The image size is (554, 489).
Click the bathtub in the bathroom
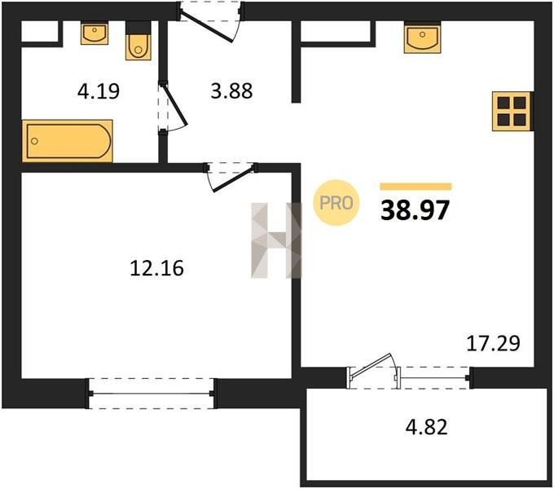pyautogui.click(x=68, y=141)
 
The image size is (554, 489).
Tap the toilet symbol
pyautogui.click(x=138, y=41)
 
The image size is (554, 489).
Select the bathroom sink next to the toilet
pyautogui.click(x=95, y=33)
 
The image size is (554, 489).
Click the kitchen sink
pyautogui.click(x=423, y=37)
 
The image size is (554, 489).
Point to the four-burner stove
pyautogui.click(x=512, y=112)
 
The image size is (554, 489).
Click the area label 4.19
pyautogui.click(x=99, y=91)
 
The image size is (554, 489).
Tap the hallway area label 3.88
pyautogui.click(x=231, y=90)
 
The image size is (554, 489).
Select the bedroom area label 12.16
pyautogui.click(x=157, y=268)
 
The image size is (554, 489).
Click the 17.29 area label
pyautogui.click(x=493, y=343)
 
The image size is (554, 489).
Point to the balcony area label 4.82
pyautogui.click(x=426, y=426)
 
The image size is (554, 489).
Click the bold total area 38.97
pyautogui.click(x=415, y=210)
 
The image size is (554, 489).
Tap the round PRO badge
pyautogui.click(x=336, y=203)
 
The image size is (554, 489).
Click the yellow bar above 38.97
pyautogui.click(x=415, y=187)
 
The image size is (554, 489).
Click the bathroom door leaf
pyautogui.click(x=174, y=104)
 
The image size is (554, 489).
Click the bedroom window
pyautogui.click(x=152, y=394)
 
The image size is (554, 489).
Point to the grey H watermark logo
pyautogui.click(x=277, y=240)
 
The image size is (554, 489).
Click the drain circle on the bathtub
pyautogui.click(x=34, y=141)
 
